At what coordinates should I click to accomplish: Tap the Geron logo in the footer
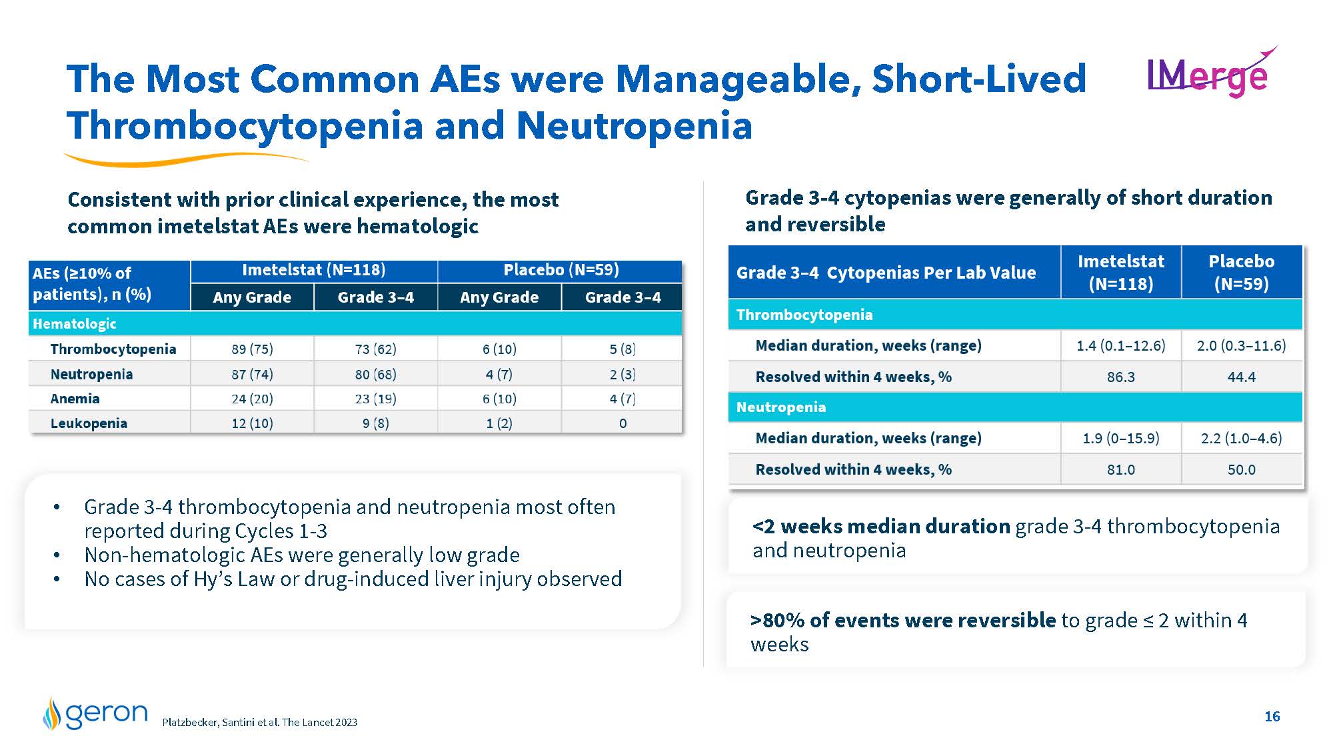click(x=95, y=713)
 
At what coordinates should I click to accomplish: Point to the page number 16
click(x=1272, y=716)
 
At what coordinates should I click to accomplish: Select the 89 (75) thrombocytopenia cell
click(x=252, y=349)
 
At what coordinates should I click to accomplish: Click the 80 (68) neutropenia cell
click(x=375, y=374)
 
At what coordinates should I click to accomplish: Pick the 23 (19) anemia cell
click(x=375, y=399)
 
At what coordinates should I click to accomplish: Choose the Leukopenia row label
click(x=89, y=423)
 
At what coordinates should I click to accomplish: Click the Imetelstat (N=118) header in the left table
click(x=313, y=270)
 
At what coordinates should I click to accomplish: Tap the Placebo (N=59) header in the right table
click(x=1241, y=272)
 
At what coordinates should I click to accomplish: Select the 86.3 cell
click(x=1120, y=377)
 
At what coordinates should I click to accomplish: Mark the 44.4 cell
click(x=1241, y=377)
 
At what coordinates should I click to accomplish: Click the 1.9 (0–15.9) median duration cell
click(x=1120, y=438)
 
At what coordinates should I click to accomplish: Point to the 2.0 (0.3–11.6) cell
click(x=1241, y=345)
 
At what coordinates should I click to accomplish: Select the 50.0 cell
click(x=1241, y=469)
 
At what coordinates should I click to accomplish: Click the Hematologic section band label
click(x=75, y=324)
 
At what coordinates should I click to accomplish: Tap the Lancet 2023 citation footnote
click(x=260, y=722)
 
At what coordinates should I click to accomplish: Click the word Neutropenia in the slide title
click(x=634, y=125)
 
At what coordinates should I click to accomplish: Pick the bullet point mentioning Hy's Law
click(x=353, y=579)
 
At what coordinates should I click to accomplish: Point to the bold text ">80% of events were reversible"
click(x=903, y=620)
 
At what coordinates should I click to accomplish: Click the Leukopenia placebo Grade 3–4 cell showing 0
click(x=623, y=423)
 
